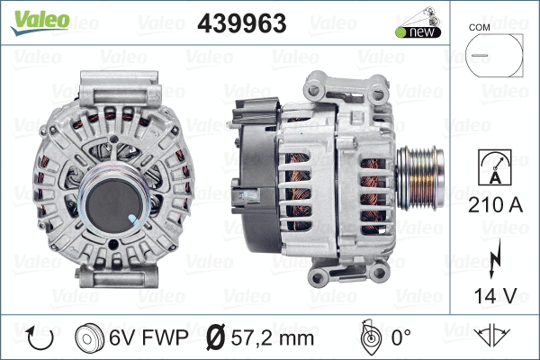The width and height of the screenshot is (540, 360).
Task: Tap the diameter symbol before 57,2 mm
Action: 217,337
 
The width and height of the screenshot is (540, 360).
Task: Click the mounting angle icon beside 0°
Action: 366,337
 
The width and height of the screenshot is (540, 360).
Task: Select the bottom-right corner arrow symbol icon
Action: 492,337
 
